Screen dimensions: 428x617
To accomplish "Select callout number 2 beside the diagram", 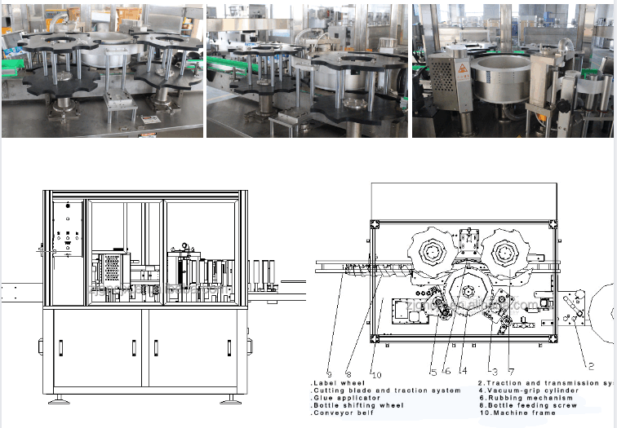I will click(x=591, y=367).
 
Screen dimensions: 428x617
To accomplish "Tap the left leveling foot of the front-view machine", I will click(x=59, y=401).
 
